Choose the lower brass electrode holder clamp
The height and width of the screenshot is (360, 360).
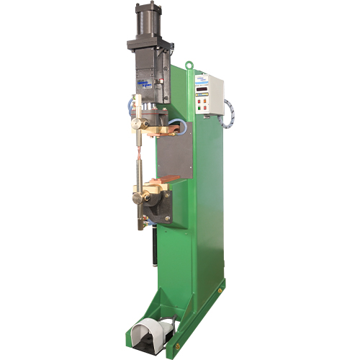click(138, 194)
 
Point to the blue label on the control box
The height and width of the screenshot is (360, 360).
click(205, 76)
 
